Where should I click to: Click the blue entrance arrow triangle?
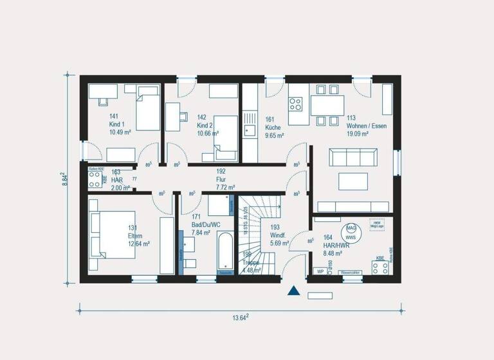(x=293, y=291)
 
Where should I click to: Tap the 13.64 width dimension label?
(x=240, y=318)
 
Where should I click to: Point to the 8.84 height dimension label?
(x=64, y=179)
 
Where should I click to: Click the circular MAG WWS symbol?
(x=351, y=232)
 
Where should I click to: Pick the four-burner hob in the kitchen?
(x=295, y=103)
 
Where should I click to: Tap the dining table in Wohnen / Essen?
(x=327, y=104)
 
